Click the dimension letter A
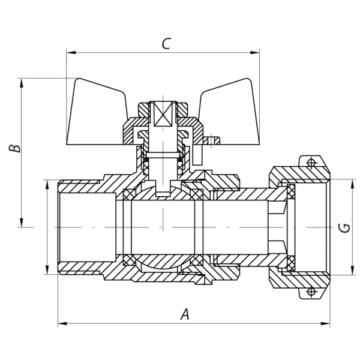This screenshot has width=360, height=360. click(185, 314)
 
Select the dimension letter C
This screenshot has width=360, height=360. click(166, 44)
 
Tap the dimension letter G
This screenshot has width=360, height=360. click(343, 227)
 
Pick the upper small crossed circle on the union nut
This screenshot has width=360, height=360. click(311, 163)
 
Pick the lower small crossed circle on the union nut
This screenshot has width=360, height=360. click(311, 292)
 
